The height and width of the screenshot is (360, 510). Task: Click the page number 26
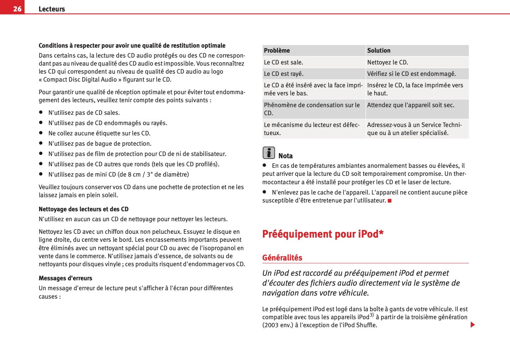(x=17, y=9)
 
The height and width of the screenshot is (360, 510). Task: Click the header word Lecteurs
(x=52, y=9)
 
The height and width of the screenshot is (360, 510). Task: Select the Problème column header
(x=277, y=50)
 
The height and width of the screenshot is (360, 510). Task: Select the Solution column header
(x=378, y=50)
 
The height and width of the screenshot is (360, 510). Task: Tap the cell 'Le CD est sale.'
(x=283, y=62)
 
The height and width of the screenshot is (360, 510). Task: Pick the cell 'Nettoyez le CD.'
(x=387, y=62)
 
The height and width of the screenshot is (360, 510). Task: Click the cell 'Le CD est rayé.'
(x=284, y=74)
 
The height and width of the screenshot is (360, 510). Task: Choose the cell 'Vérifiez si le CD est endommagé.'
(x=411, y=74)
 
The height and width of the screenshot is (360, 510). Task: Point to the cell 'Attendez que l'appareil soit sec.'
(x=411, y=105)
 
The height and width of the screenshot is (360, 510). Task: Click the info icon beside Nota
(x=269, y=153)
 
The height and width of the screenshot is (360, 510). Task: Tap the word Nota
(x=285, y=156)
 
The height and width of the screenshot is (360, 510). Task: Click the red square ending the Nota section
(x=390, y=201)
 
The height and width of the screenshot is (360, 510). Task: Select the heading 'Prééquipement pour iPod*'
(x=322, y=234)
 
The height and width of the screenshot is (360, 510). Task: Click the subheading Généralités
(x=282, y=258)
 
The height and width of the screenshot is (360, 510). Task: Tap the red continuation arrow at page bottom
(x=473, y=325)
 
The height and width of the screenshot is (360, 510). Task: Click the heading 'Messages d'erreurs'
(x=65, y=278)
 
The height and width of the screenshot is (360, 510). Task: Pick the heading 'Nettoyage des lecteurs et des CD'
(x=83, y=209)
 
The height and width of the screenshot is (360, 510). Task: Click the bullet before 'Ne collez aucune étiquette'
(x=40, y=133)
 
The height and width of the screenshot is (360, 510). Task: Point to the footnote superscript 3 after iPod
(x=371, y=315)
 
